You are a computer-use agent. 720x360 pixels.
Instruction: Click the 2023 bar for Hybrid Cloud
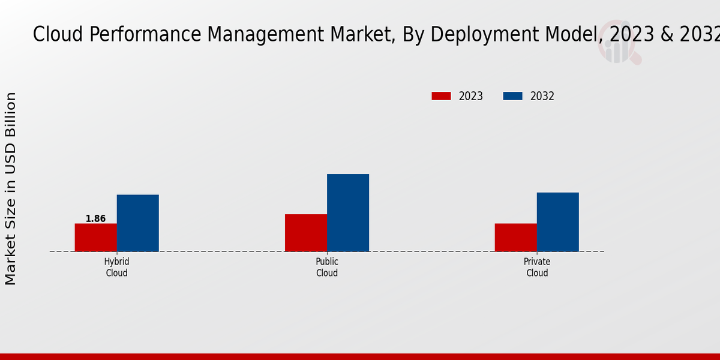click(95, 238)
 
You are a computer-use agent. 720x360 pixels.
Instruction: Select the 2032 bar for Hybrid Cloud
click(137, 223)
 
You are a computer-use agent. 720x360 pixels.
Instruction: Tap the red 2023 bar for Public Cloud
click(305, 233)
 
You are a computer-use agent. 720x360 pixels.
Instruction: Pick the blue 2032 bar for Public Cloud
click(348, 213)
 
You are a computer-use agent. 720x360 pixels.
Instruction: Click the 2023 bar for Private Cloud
click(515, 238)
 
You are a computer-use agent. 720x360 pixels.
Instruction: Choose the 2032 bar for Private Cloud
click(558, 222)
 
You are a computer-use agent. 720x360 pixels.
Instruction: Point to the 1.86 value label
click(95, 218)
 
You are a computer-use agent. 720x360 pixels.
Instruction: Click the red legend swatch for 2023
click(441, 96)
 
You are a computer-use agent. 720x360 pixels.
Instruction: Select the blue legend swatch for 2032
click(512, 96)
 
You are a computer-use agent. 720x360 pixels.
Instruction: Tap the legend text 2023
click(471, 96)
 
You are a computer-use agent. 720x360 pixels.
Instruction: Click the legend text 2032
click(542, 96)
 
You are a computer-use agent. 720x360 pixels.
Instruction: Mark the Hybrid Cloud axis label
click(116, 268)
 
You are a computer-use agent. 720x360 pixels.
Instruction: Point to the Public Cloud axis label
click(327, 268)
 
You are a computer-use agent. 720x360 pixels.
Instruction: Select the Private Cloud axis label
click(537, 268)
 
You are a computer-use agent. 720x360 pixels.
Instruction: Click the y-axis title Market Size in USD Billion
click(11, 188)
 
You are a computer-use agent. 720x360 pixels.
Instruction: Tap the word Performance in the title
click(145, 35)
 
